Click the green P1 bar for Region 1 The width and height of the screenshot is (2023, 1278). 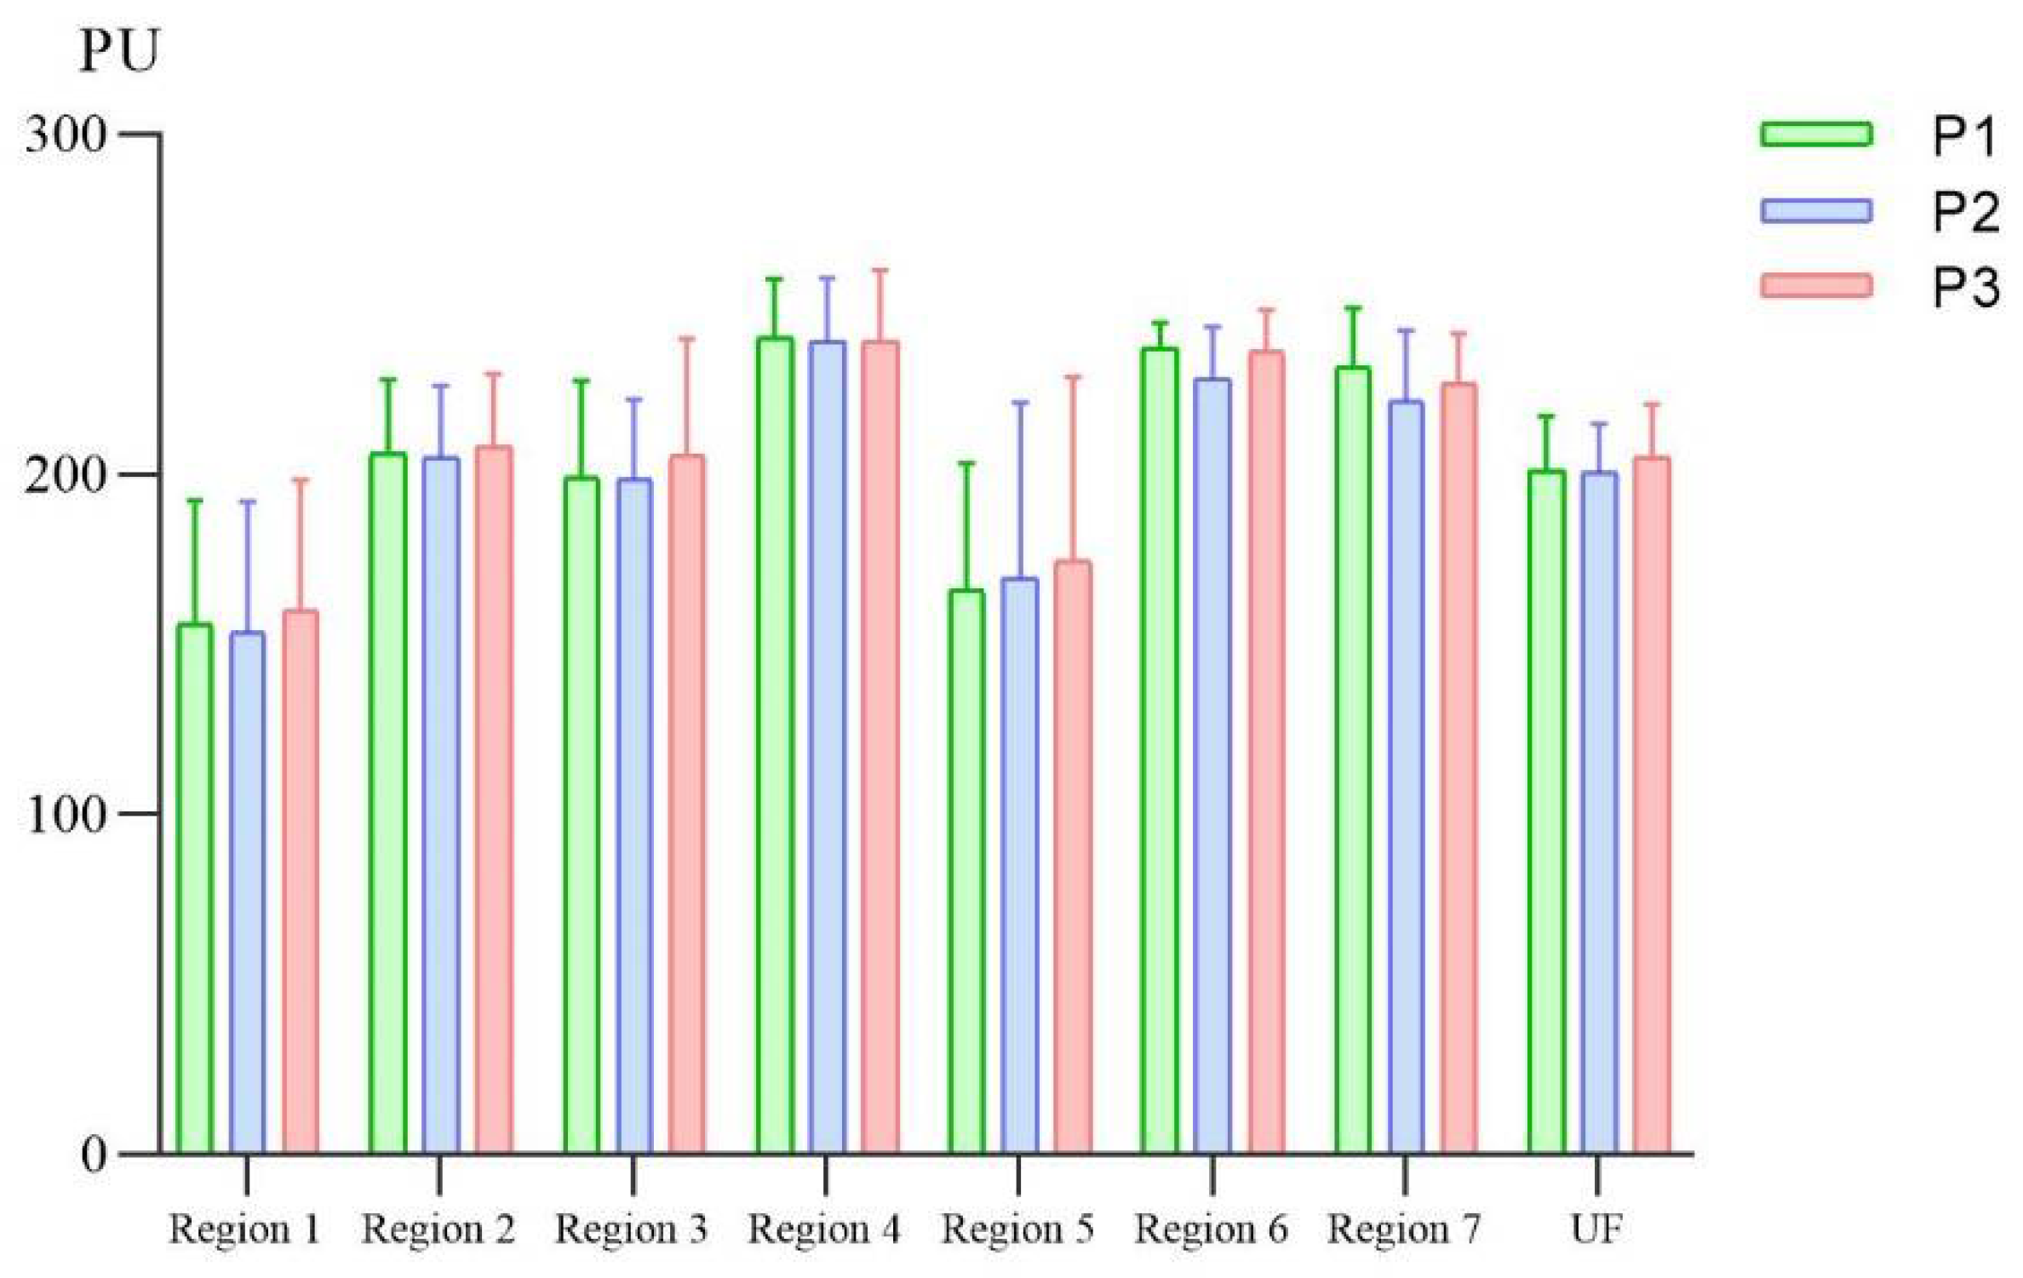(194, 890)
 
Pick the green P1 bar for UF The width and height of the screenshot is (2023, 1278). (1546, 813)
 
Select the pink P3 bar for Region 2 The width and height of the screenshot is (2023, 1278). (494, 800)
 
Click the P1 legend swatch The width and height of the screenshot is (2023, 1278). (1816, 135)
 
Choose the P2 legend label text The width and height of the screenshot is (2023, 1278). (1964, 210)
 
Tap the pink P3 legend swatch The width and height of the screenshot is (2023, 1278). (1816, 285)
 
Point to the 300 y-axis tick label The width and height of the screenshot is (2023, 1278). (66, 135)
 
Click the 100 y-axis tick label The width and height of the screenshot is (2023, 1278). (66, 815)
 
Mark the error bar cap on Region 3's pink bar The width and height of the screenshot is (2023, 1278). (686, 339)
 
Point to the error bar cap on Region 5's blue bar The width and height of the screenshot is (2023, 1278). (1019, 402)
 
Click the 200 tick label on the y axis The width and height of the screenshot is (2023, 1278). (66, 475)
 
